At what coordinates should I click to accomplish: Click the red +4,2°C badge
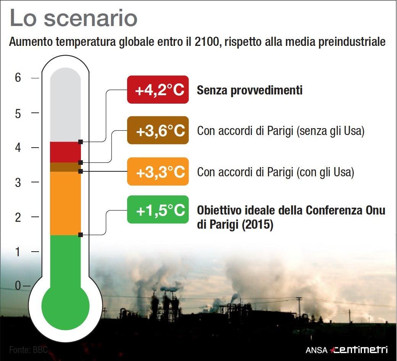tap(158, 89)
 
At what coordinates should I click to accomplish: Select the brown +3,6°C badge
tap(158, 130)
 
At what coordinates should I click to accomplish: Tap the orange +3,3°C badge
tap(158, 171)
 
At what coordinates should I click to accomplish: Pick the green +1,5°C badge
tap(158, 210)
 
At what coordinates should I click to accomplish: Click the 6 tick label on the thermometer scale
tap(18, 77)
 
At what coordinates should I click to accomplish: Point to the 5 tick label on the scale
tap(18, 114)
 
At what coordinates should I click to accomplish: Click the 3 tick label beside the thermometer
tap(18, 182)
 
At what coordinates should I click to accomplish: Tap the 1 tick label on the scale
tap(18, 252)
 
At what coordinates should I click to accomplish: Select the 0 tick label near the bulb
tap(18, 286)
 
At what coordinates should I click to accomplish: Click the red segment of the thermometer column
tap(65, 152)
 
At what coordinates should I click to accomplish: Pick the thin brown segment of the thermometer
tap(65, 167)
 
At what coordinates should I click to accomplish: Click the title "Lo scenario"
tap(73, 18)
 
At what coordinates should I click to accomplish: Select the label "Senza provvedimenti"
tap(250, 90)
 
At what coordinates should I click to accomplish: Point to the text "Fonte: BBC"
tap(28, 350)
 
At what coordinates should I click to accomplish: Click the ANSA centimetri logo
tap(346, 350)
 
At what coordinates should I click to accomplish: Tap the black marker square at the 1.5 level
tap(81, 235)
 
